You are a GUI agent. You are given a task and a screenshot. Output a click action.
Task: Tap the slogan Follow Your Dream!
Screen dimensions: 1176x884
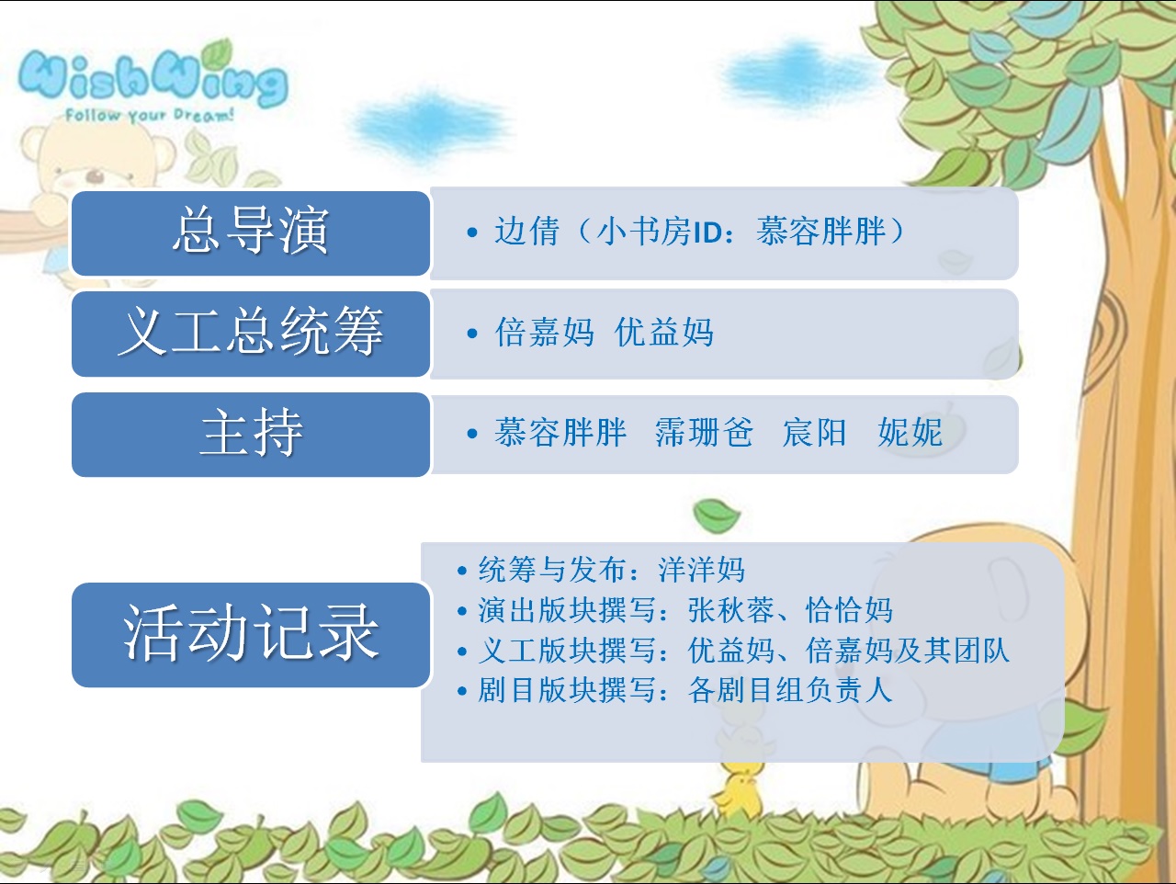click(x=150, y=115)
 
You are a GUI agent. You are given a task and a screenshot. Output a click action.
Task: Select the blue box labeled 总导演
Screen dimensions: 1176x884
click(x=251, y=233)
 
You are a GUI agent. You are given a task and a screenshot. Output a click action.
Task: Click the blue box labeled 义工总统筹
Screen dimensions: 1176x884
click(x=251, y=334)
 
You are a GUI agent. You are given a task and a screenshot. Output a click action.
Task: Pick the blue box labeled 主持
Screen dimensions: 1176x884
click(x=251, y=435)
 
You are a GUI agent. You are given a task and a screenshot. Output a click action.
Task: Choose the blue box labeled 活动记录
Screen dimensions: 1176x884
click(x=251, y=635)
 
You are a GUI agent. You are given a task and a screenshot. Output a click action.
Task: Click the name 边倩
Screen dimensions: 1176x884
click(x=526, y=232)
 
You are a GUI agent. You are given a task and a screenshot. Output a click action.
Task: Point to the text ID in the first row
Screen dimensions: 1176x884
click(x=707, y=232)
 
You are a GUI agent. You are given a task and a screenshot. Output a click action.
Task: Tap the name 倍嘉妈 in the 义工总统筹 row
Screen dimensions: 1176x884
click(x=544, y=332)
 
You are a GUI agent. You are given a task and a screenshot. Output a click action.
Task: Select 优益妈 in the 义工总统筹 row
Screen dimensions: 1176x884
click(x=664, y=332)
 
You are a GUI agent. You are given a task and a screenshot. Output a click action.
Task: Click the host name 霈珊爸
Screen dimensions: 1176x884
click(x=704, y=432)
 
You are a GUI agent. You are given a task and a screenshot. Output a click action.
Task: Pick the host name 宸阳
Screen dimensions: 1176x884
click(x=814, y=432)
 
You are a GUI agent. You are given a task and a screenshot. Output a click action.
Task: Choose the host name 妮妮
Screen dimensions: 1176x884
click(x=910, y=432)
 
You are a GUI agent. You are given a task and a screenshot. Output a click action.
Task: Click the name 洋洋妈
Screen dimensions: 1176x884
click(x=701, y=569)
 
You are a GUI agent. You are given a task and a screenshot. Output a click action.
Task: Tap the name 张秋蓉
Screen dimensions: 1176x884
click(x=731, y=609)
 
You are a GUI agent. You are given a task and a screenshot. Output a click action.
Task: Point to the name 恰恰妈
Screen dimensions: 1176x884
click(x=849, y=609)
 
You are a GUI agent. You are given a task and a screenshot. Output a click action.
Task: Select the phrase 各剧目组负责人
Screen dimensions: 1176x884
click(x=790, y=689)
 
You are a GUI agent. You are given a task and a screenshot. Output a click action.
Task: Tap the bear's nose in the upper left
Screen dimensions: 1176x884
click(x=96, y=175)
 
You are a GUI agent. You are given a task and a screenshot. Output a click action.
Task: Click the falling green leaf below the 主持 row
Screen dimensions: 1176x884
click(x=716, y=516)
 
